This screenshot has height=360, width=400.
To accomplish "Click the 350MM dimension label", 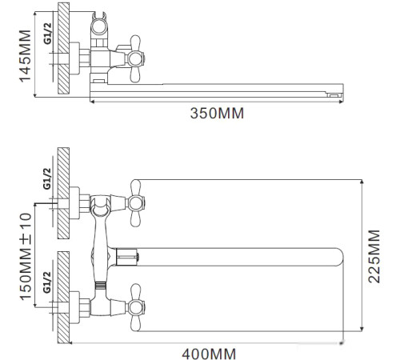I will pos(216,114).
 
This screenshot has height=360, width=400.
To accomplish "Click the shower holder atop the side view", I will pos(101,26).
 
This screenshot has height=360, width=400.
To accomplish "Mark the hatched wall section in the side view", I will pos(59,52).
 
